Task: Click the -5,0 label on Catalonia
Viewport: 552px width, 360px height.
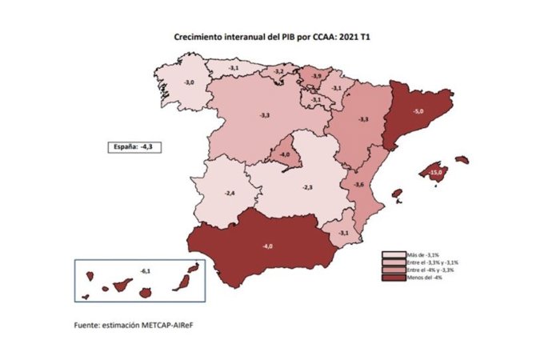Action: [x=418, y=111]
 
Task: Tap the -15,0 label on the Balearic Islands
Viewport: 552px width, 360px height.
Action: [x=436, y=173]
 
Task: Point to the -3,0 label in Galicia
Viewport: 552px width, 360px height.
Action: [x=189, y=82]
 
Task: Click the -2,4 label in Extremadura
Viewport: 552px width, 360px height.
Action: [x=230, y=194]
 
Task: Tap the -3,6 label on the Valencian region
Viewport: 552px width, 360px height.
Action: [x=360, y=185]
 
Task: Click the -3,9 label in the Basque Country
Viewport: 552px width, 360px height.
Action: [x=317, y=75]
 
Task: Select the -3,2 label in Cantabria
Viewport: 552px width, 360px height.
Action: [x=278, y=71]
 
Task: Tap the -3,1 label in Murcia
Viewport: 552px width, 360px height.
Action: [x=342, y=232]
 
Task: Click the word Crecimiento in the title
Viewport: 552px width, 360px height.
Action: [x=201, y=37]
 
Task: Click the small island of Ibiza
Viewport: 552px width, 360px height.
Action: [x=395, y=193]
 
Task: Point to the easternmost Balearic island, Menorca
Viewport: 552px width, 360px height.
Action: [x=461, y=159]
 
